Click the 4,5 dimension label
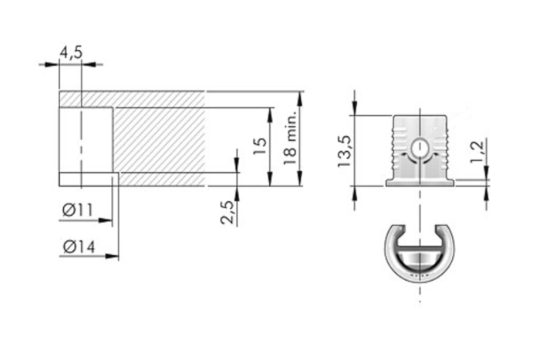(71, 53)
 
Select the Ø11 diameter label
(78, 210)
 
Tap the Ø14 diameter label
(79, 246)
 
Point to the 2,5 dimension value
(228, 212)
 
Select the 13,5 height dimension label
(344, 150)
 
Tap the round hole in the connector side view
(420, 148)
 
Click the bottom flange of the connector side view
(420, 182)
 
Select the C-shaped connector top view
(420, 254)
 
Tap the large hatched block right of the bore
(158, 140)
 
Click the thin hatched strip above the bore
(132, 99)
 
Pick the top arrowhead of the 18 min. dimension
(300, 97)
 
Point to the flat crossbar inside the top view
(420, 247)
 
